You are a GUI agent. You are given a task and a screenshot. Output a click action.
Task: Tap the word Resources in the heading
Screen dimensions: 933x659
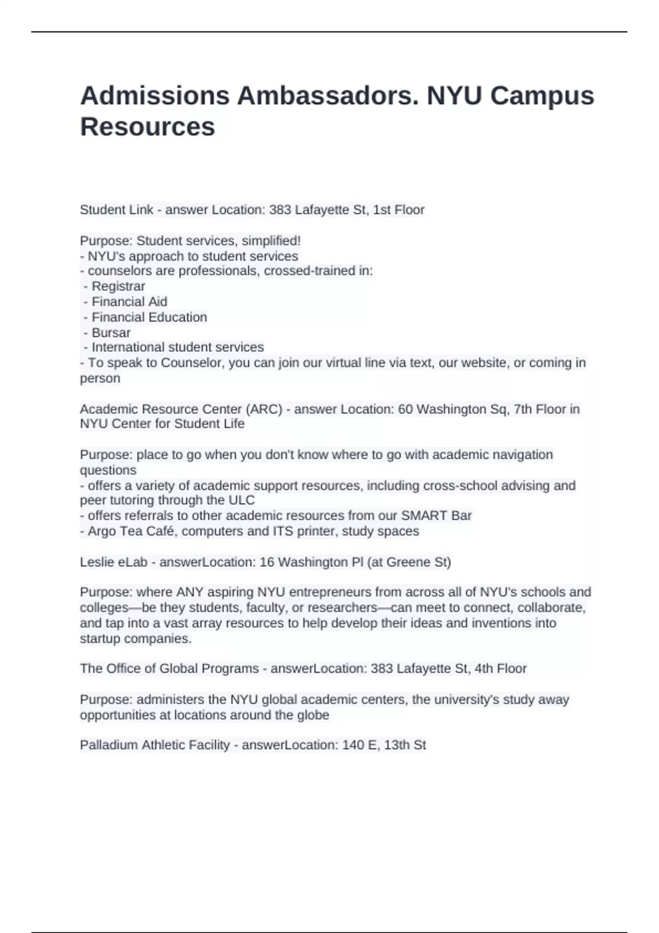click(147, 127)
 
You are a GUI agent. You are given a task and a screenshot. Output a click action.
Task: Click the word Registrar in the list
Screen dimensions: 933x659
click(118, 286)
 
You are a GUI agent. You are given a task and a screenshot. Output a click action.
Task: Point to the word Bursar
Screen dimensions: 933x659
click(111, 333)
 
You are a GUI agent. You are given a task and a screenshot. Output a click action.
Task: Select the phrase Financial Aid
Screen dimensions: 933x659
click(129, 302)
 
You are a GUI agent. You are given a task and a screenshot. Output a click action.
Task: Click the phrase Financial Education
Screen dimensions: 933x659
click(149, 317)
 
